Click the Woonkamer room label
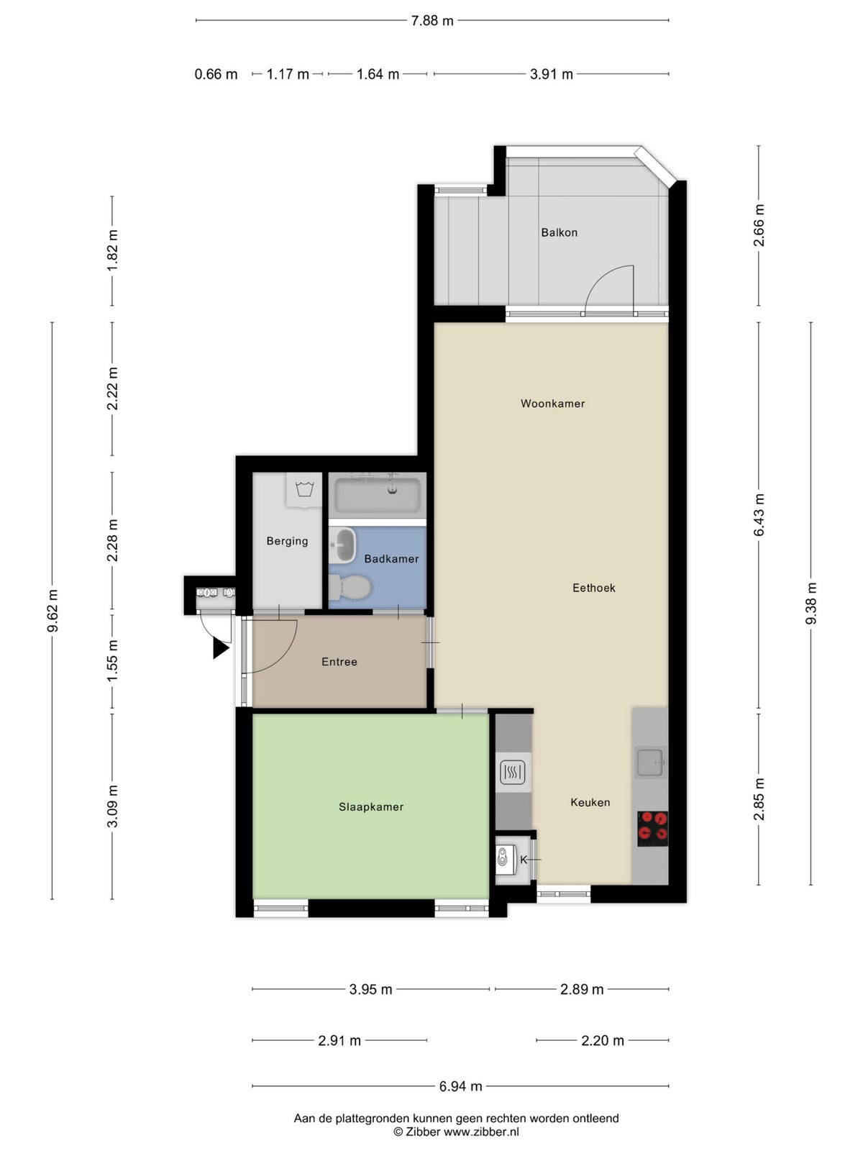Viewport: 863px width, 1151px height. click(x=552, y=404)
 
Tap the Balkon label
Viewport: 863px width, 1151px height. click(x=559, y=232)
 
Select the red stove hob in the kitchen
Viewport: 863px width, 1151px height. click(x=652, y=828)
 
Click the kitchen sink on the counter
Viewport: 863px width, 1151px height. click(x=649, y=763)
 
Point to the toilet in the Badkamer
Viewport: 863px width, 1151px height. click(x=350, y=587)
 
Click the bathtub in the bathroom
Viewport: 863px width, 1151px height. click(x=378, y=495)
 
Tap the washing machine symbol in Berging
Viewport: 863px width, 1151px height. click(x=305, y=490)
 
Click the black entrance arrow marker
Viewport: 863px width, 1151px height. click(x=220, y=649)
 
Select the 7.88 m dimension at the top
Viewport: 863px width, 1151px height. click(x=432, y=21)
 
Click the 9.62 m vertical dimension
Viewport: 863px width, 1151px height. click(x=52, y=611)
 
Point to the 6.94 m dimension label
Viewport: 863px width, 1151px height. click(x=460, y=1086)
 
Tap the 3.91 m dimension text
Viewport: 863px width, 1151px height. click(x=552, y=74)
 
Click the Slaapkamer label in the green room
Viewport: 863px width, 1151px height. click(x=371, y=807)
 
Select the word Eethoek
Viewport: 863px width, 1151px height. click(x=593, y=588)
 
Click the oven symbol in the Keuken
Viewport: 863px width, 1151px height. click(x=512, y=773)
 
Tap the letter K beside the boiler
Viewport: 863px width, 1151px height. click(x=524, y=860)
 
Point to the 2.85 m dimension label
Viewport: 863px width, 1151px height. click(x=759, y=799)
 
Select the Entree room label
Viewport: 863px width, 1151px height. click(x=339, y=662)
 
